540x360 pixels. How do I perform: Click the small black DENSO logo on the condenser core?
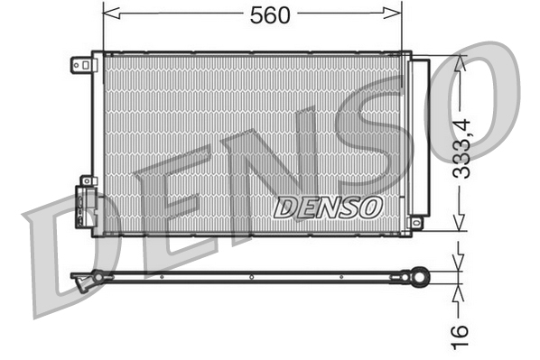click(327, 207)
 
